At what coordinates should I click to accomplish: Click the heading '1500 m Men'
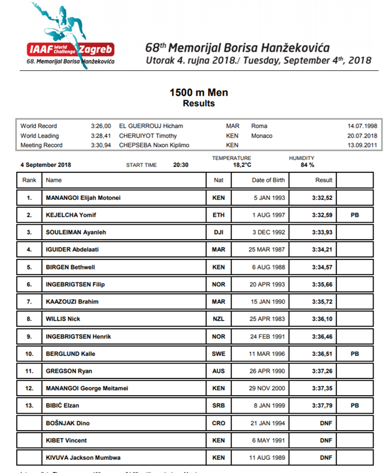pos(199,93)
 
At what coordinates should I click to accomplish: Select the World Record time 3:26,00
pos(100,126)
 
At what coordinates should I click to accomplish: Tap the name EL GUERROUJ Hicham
pos(151,126)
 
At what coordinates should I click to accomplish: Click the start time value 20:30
pos(181,165)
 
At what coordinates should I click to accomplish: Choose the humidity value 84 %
pos(308,166)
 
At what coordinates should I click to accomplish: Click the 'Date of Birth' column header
pos(269,180)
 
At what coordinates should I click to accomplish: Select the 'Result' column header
pos(323,180)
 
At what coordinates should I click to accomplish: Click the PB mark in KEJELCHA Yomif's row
pos(354,215)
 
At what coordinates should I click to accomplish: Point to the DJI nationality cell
pos(217,233)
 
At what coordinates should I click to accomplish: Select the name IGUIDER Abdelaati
pos(72,250)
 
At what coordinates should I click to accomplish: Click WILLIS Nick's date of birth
pos(269,319)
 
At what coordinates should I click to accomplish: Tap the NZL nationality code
pos(217,319)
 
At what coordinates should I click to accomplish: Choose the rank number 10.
pos(29,354)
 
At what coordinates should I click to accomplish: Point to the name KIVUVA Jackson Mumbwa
pos(83,457)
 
